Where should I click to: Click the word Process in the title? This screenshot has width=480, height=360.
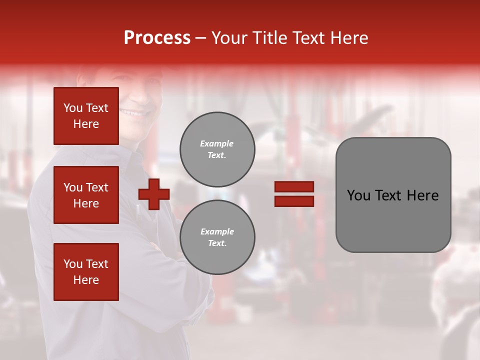coord(157,38)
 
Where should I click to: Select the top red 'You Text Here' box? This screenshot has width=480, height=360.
coord(86,116)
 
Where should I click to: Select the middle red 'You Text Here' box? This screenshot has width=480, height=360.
coord(86,195)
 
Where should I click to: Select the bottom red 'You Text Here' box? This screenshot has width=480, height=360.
coord(86,272)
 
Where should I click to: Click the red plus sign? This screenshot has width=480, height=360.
coord(154,194)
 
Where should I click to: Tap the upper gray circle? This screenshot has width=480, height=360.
coord(217,149)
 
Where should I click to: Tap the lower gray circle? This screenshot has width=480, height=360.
coord(217,237)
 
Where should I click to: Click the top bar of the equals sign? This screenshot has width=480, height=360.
coord(294,186)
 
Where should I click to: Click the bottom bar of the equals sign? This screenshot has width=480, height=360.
coord(294,201)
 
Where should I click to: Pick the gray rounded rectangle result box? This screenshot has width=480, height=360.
coord(393,220)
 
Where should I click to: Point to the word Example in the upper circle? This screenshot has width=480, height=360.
coord(216,143)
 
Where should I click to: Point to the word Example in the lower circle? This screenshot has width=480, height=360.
coord(217,231)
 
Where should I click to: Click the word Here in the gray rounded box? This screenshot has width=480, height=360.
coord(423,195)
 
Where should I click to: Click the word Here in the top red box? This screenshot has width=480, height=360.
coord(86,124)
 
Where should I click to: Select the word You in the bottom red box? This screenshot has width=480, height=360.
coord(73,264)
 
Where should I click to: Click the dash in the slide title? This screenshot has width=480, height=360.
coord(201,38)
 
